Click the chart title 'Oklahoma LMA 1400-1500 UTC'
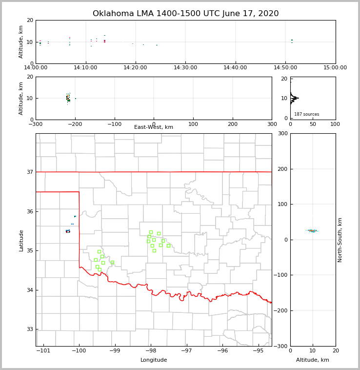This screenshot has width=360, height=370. coord(185,14)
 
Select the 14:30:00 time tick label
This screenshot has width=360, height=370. coord(185,67)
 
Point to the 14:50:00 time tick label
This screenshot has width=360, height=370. coord(285,67)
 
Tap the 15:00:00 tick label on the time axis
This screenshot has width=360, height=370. coord(335,67)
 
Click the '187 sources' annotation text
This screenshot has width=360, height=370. coord(306,114)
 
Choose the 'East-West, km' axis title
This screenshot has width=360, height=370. coord(154,127)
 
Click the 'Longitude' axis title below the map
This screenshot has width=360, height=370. coord(154,360)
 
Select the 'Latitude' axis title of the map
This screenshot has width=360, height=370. coord(21,240)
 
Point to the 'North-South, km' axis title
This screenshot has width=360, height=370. coord(340,240)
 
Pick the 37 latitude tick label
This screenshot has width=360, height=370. coord(29,172)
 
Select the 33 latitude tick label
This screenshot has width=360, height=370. coord(29,329)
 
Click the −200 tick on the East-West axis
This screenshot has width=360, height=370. coord(75,124)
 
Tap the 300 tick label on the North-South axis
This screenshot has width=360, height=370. coord(281,133)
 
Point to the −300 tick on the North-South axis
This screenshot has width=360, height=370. coord(280,346)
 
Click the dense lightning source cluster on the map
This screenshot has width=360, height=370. coord(68,231)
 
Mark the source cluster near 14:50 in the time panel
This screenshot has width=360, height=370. coord(292,41)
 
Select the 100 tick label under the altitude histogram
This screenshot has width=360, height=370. coord(335,124)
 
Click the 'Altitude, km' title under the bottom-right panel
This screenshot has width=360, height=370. coord(313,360)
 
